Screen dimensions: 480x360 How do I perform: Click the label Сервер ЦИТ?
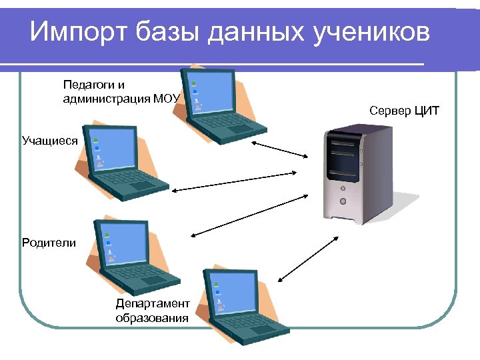pos(404,110)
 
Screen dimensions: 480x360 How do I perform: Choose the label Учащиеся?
pos(49,141)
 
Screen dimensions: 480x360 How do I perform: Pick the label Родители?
pos(49,243)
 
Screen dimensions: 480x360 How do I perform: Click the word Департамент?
pos(153,303)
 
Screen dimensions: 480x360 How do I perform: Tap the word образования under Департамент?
pos(151,318)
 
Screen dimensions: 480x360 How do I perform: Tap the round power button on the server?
pos(343,201)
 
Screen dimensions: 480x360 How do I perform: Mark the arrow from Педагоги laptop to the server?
pos(281,149)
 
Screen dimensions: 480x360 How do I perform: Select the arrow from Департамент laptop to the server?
pos(307,258)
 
